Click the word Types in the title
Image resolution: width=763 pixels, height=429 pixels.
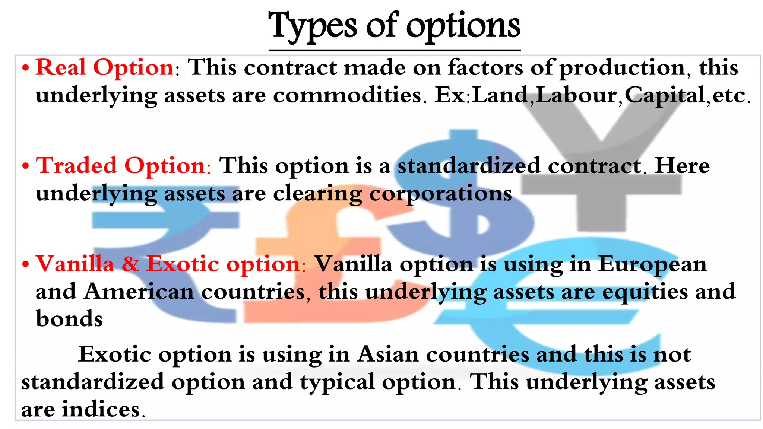click(314, 26)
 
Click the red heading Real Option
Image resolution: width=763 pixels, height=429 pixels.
click(105, 68)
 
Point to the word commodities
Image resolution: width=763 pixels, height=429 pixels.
click(347, 95)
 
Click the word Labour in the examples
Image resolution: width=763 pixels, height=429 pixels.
click(576, 95)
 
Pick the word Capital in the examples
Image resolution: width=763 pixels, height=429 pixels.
click(665, 95)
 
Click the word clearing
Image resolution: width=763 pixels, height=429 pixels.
click(317, 194)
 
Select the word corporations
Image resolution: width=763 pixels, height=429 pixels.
click(440, 194)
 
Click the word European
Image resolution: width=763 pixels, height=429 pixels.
click(652, 265)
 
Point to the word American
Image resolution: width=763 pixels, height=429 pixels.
click(139, 291)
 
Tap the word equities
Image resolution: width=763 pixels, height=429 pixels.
click(645, 292)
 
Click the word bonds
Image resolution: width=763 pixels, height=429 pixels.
click(69, 319)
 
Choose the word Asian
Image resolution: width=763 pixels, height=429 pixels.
click(388, 354)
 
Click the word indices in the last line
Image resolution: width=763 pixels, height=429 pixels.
click(101, 409)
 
